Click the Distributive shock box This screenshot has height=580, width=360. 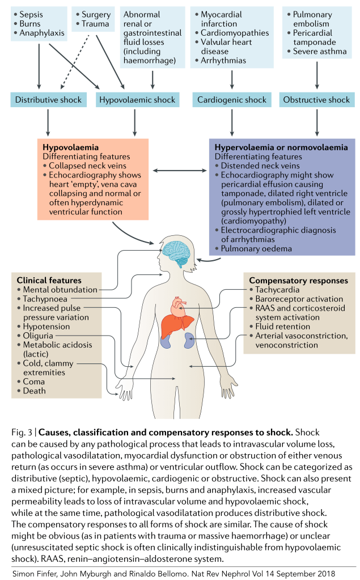point(48,100)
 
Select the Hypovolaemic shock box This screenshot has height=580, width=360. point(137,100)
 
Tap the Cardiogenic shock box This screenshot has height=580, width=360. point(232,100)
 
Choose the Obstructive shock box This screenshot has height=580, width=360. point(316,100)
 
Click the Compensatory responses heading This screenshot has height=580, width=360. point(298,280)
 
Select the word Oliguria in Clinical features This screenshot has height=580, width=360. point(39,336)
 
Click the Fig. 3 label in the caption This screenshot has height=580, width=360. point(21,433)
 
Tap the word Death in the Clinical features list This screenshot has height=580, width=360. point(35,391)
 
